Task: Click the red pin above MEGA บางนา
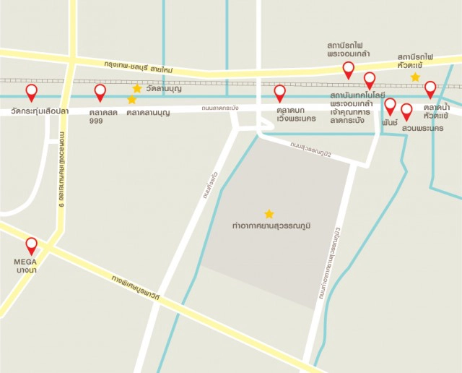point(31,245)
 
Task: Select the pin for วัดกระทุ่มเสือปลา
point(31,92)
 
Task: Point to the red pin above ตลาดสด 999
point(100,92)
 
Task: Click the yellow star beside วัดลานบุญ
point(137,88)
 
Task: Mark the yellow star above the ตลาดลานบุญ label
point(131,100)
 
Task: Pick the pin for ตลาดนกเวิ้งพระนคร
point(280,93)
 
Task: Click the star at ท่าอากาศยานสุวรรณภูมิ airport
point(269,214)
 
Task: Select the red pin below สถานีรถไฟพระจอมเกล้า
point(349,69)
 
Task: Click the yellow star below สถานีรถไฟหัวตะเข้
point(415,77)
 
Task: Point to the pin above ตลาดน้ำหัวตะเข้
point(430,89)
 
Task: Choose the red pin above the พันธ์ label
point(391,106)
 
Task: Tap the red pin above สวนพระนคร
point(406,111)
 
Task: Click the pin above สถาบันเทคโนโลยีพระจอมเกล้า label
point(370,80)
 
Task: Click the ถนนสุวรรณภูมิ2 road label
point(311,151)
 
